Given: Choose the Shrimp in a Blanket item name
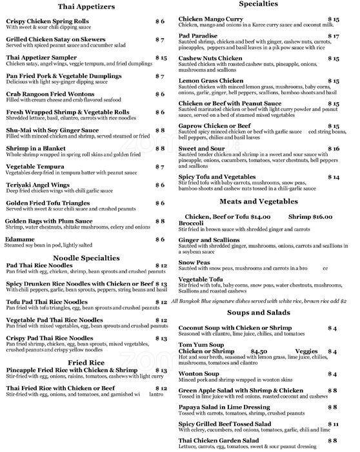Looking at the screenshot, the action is pos(36,149).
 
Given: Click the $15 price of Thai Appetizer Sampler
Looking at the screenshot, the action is pos(161,57).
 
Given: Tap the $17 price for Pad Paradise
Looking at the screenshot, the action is pos(333,36).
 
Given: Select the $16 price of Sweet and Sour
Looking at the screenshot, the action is pos(333,149).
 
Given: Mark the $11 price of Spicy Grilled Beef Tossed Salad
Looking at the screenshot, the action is pos(333,424).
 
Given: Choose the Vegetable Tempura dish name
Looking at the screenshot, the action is pos(42,167).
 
